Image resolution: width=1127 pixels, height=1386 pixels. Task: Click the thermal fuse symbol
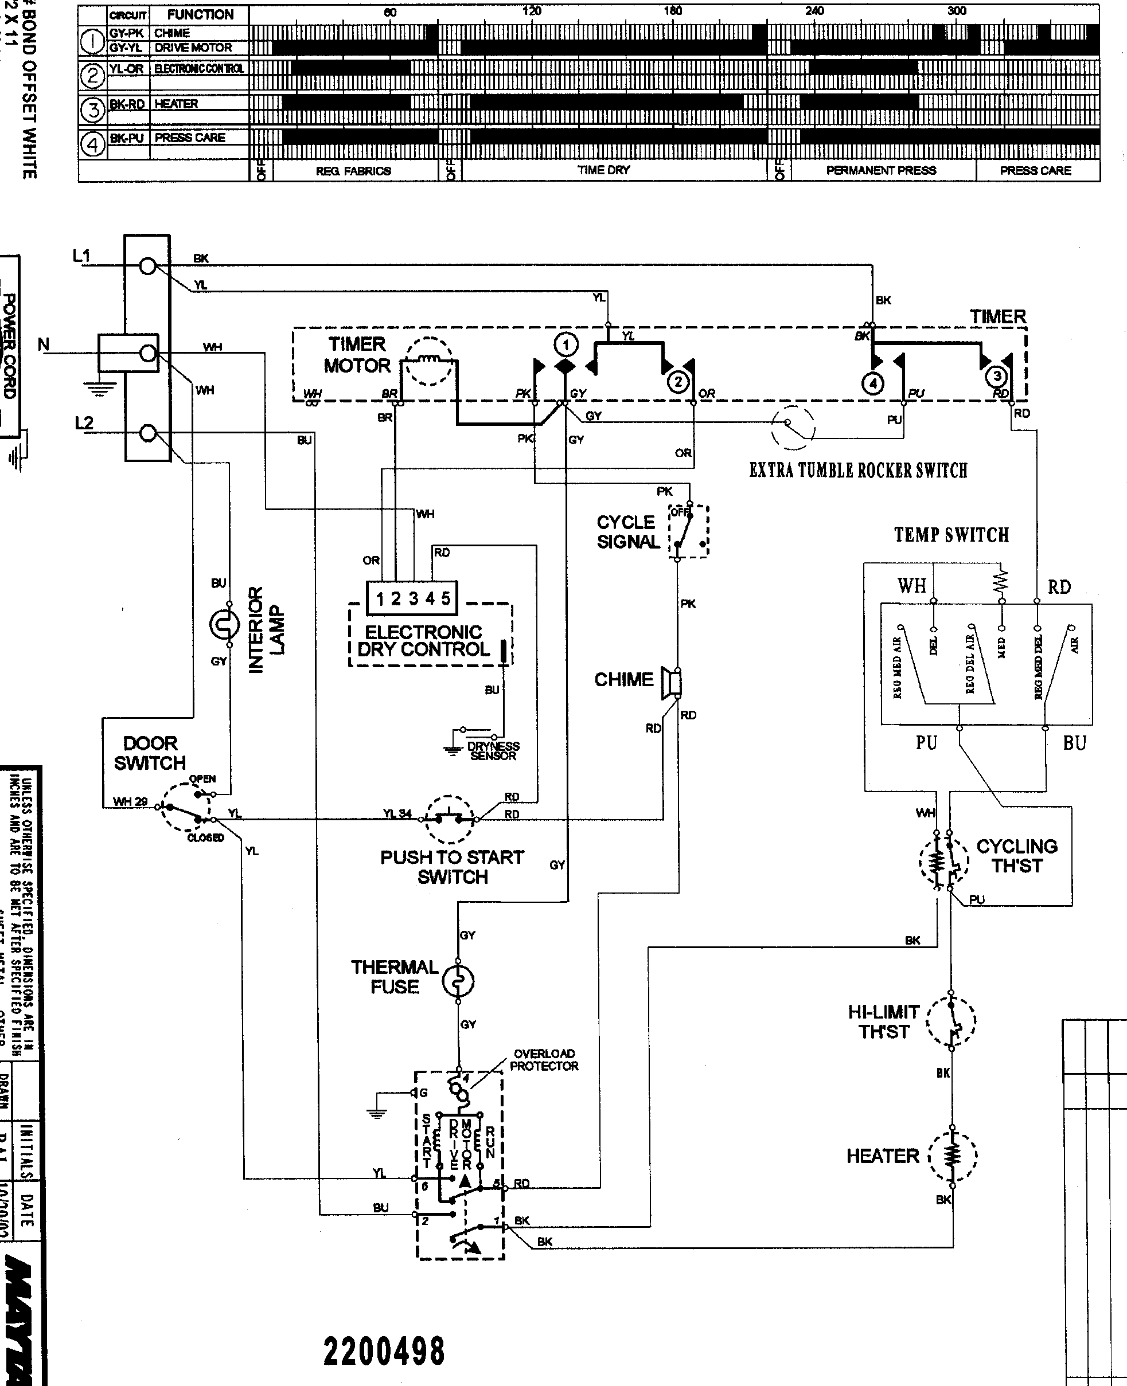pyautogui.click(x=458, y=982)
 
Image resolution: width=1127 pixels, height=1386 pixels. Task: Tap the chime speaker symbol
pyautogui.click(x=671, y=683)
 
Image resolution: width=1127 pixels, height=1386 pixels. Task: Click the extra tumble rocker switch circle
pyautogui.click(x=793, y=427)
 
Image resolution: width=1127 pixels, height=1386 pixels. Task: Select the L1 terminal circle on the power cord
pyautogui.click(x=148, y=265)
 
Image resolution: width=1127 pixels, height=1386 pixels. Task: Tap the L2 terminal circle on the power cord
pyautogui.click(x=148, y=433)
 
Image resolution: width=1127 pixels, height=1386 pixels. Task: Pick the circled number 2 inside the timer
pyautogui.click(x=678, y=382)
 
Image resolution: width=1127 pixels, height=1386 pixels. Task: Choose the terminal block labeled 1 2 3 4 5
pyautogui.click(x=412, y=598)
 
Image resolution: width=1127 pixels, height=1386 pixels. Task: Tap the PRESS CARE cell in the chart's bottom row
pyautogui.click(x=1035, y=171)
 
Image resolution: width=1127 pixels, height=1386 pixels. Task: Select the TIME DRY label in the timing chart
pyautogui.click(x=604, y=170)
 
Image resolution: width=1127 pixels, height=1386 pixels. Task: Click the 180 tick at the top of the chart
pyautogui.click(x=673, y=11)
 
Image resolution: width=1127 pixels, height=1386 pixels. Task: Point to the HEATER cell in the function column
pyautogui.click(x=176, y=104)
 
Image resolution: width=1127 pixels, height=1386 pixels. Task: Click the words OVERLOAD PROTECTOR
pyautogui.click(x=544, y=1060)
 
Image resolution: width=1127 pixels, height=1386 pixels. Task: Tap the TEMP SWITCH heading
pyautogui.click(x=951, y=535)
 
